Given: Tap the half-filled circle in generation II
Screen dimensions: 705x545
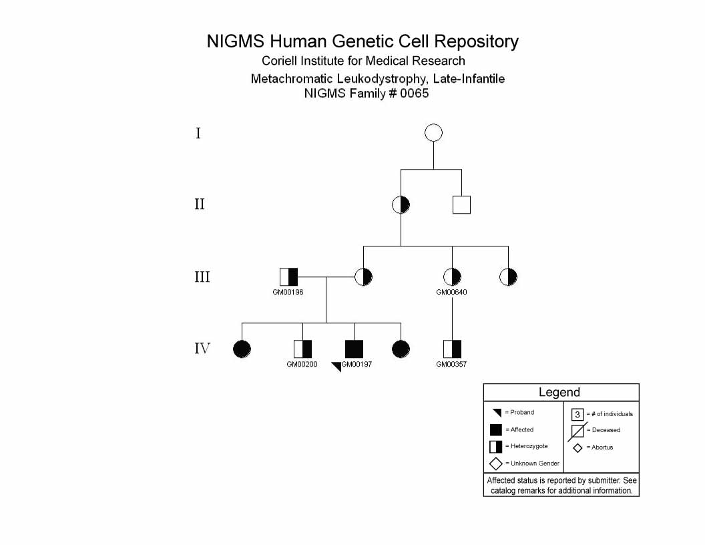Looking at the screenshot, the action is [x=401, y=205].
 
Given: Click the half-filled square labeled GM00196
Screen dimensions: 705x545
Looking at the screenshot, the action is [x=288, y=277].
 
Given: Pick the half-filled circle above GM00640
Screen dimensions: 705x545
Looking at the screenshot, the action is [x=453, y=277].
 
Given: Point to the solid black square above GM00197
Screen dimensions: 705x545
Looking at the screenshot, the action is [x=355, y=349].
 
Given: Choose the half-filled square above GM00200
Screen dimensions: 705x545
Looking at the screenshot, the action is [x=302, y=349].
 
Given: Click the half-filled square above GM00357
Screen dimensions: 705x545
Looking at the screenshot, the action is [x=453, y=349].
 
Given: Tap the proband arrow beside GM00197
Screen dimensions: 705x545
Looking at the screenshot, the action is [x=336, y=367].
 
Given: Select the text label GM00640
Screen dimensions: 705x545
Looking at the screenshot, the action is [x=451, y=293].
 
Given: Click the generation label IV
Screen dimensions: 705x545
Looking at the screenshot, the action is [x=202, y=349].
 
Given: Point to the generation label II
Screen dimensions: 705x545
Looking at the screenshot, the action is [x=200, y=204].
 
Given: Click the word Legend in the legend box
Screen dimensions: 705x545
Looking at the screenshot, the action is [x=559, y=392].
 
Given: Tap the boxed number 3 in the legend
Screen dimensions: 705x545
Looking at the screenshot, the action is [x=577, y=414].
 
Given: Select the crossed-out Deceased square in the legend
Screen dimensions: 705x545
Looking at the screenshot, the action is [x=577, y=431].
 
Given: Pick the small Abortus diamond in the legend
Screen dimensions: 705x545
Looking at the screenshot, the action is [x=577, y=448].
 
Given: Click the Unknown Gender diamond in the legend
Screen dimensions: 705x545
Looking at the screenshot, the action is [x=496, y=464].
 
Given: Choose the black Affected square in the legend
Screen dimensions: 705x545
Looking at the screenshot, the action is [x=496, y=430].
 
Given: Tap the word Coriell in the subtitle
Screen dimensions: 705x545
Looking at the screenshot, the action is [x=279, y=61].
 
